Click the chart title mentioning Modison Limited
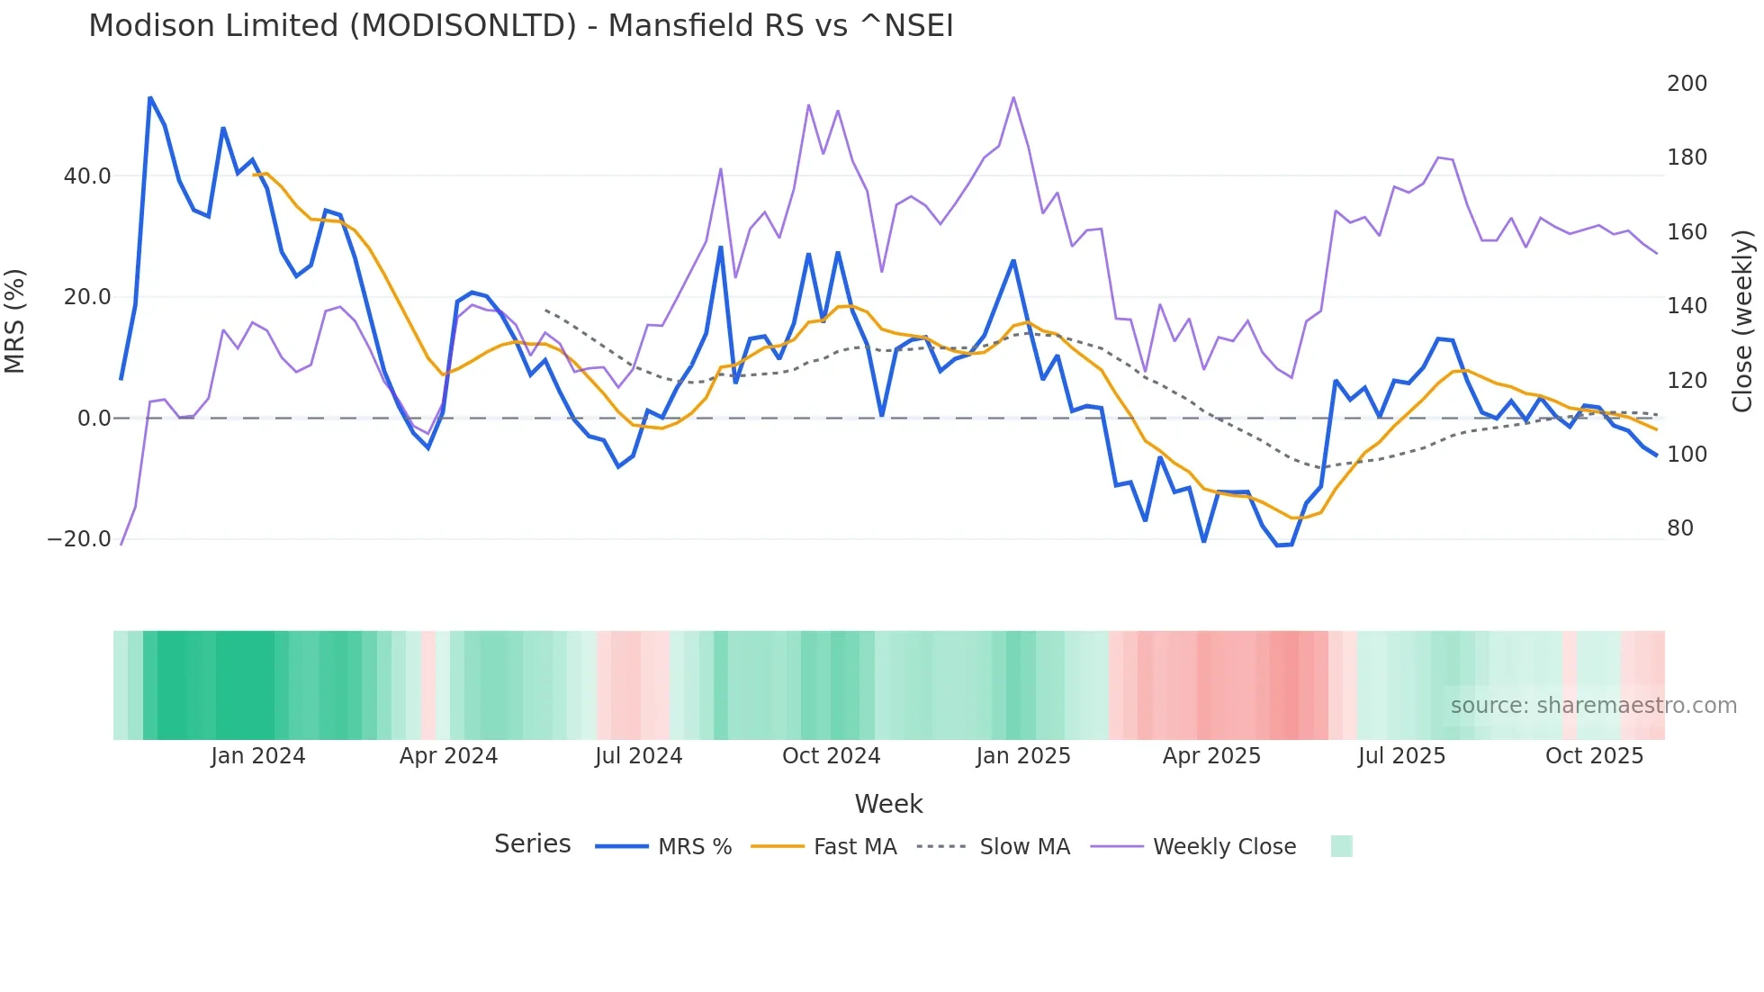pos(520,26)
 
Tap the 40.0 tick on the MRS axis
pos(87,176)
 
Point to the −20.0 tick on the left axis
pos(79,539)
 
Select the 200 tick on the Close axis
pos(1687,84)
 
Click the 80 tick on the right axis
pos(1679,528)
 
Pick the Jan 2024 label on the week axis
pos(258,756)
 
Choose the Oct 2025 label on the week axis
pos(1594,756)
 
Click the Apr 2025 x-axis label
pos(1211,756)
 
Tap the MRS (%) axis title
pos(15,321)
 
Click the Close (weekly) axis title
pos(1742,321)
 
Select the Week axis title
pos(888,804)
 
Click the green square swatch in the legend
pos(1341,846)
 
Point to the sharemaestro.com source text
pos(1593,706)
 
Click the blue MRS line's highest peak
pos(150,97)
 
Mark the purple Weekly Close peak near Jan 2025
pos(1013,97)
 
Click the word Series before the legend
pos(532,844)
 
